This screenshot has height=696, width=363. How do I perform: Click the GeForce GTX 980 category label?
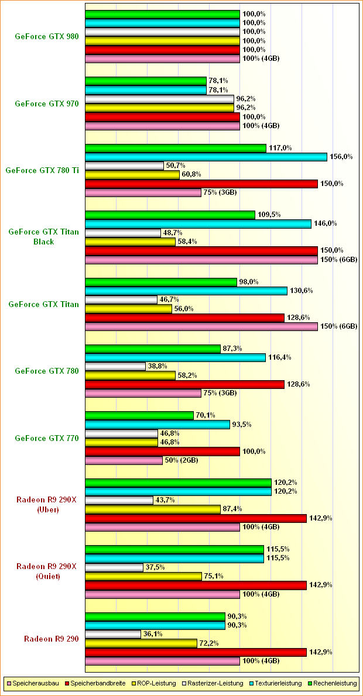pyautogui.click(x=46, y=36)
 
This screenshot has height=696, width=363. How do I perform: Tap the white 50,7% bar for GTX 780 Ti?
pyautogui.click(x=124, y=166)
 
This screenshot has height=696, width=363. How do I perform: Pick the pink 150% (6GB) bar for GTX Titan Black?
pyautogui.click(x=201, y=259)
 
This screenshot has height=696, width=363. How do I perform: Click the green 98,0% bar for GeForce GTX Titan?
pyautogui.click(x=161, y=282)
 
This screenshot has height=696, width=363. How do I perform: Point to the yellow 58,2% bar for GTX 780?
pyautogui.click(x=130, y=375)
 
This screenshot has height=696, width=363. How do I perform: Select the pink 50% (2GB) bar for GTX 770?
pyautogui.click(x=124, y=460)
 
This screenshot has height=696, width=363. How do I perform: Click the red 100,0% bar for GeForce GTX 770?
pyautogui.click(x=162, y=451)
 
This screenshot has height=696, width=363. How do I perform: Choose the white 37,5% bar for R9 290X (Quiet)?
pyautogui.click(x=114, y=567)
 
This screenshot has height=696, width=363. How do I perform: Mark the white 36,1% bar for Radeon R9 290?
pyautogui.click(x=113, y=634)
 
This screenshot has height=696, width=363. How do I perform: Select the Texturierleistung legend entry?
pyautogui.click(x=278, y=683)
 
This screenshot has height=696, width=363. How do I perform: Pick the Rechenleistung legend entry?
pyautogui.click(x=333, y=683)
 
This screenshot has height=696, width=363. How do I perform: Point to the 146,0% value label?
pyautogui.click(x=324, y=223)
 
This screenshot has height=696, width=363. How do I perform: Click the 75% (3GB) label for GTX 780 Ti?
pyautogui.click(x=219, y=192)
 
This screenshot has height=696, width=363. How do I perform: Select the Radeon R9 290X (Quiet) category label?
pyautogui.click(x=46, y=571)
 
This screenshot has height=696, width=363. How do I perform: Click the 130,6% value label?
pyautogui.click(x=300, y=291)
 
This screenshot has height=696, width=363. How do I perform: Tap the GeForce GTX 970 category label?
pyautogui.click(x=46, y=104)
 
